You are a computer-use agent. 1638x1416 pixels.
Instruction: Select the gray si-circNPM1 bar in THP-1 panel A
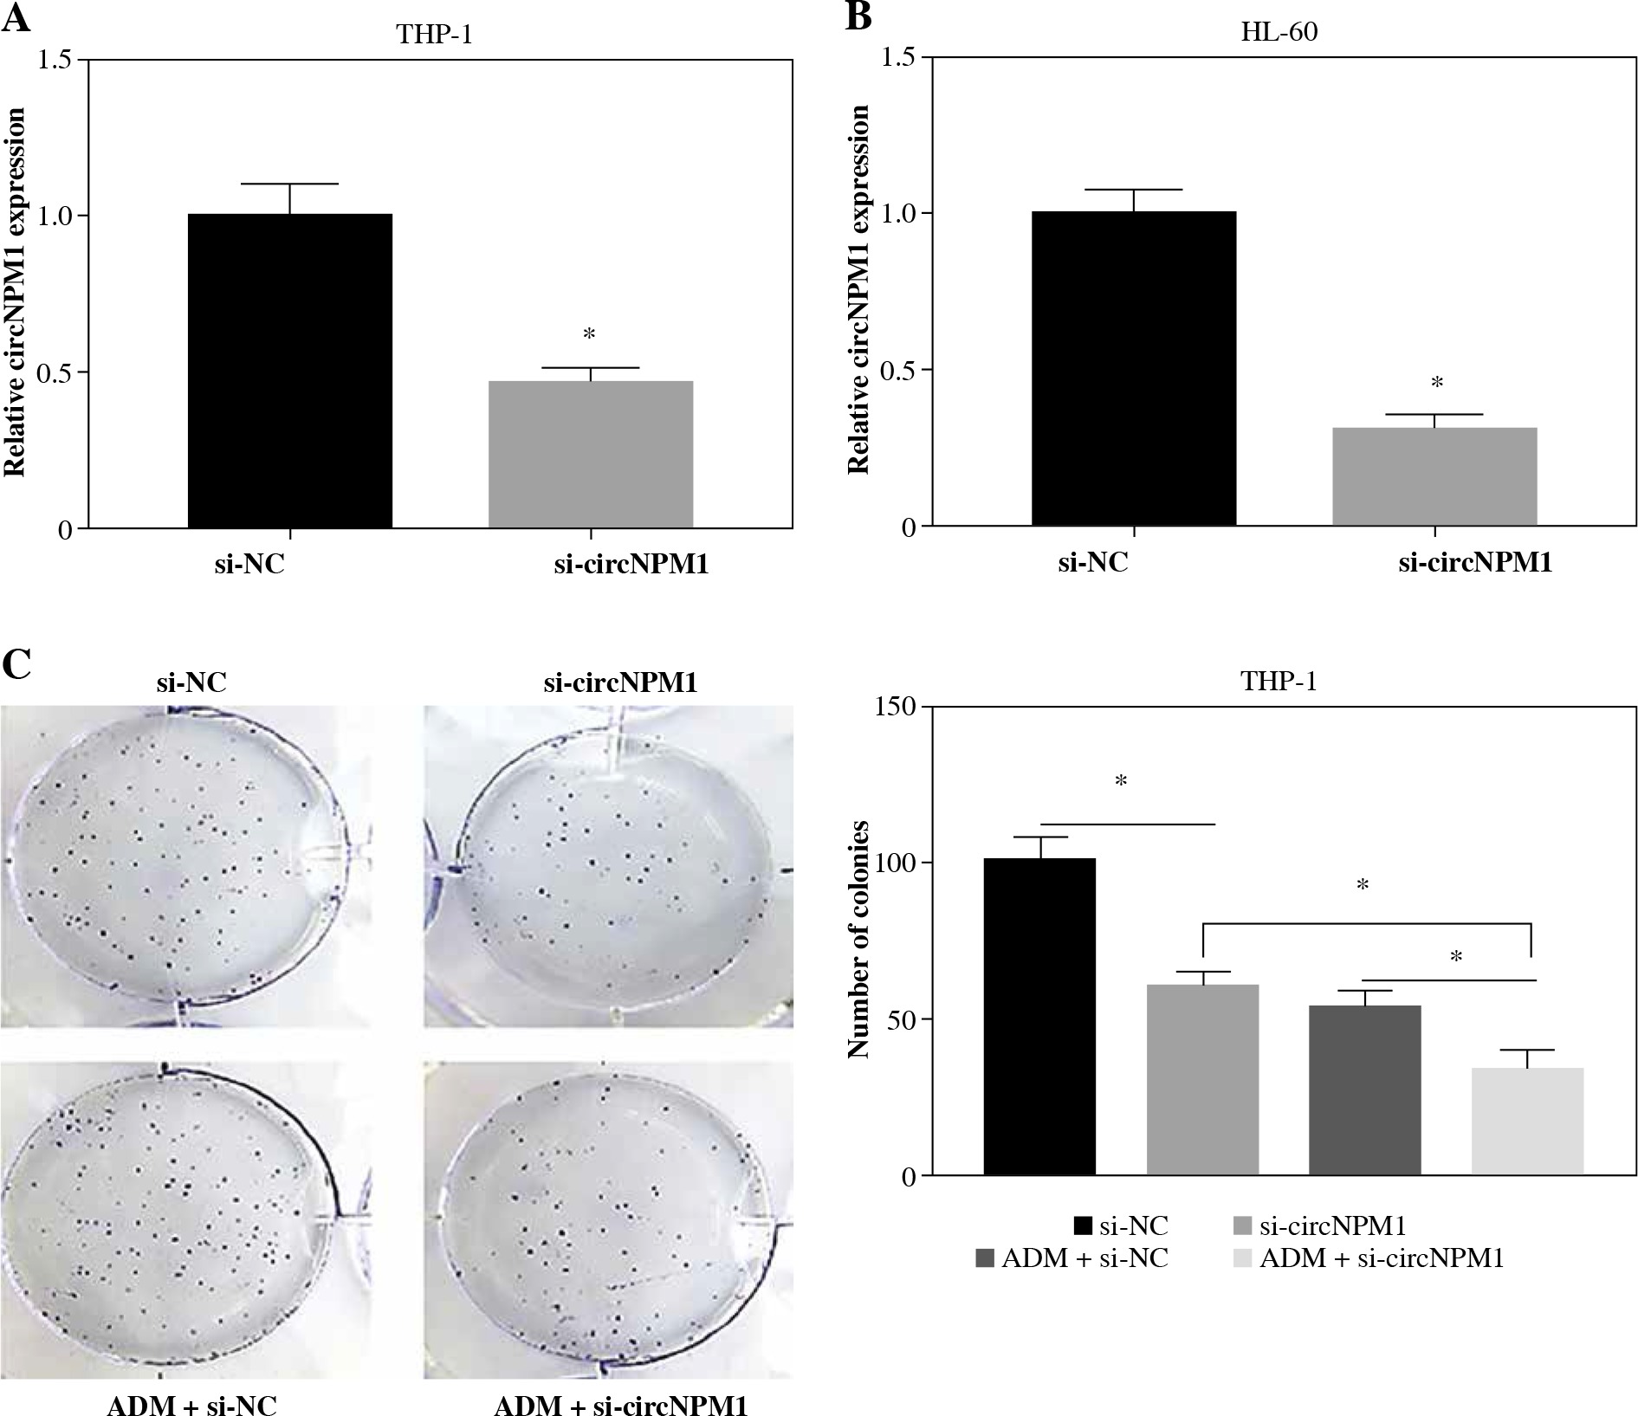click(x=590, y=454)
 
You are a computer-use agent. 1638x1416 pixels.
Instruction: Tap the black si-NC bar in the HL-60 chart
click(x=1133, y=368)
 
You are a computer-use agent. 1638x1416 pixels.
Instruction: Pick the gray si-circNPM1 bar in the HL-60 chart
click(x=1434, y=476)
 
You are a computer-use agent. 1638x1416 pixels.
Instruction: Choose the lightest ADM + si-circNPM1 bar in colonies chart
click(x=1527, y=1121)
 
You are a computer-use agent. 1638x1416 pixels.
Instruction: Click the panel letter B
click(x=858, y=17)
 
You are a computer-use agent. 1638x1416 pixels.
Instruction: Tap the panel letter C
click(x=17, y=665)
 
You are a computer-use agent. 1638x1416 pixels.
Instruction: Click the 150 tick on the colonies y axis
click(x=896, y=707)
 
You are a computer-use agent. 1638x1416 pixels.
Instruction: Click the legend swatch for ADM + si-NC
click(x=984, y=1258)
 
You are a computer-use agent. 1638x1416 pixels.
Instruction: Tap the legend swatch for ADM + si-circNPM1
click(x=1242, y=1258)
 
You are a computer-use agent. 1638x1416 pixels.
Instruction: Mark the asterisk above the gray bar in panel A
click(x=589, y=334)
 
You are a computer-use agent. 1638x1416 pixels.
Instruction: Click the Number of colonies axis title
click(x=858, y=940)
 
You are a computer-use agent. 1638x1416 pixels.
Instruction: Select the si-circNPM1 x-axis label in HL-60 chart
click(x=1475, y=564)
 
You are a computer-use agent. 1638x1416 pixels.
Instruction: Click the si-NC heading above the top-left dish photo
click(x=191, y=682)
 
